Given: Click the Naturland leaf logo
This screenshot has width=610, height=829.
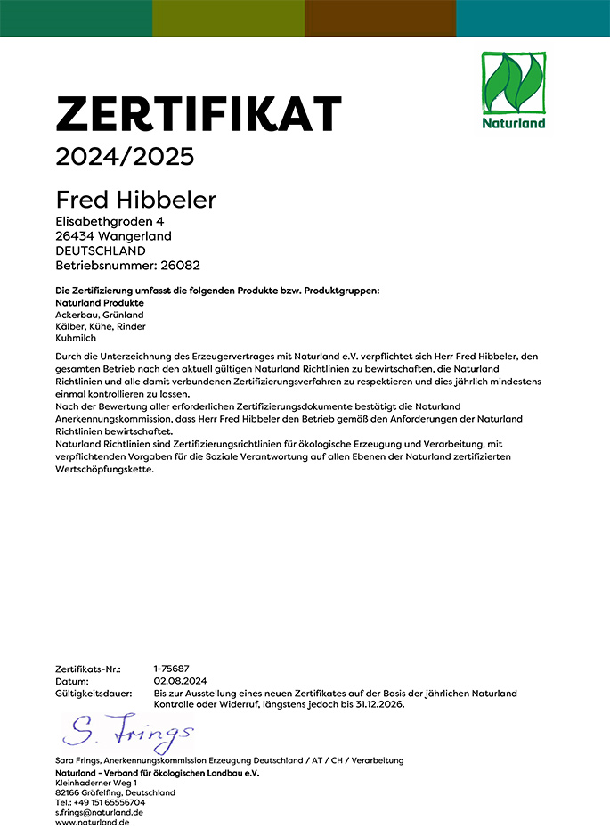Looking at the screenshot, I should (514, 90).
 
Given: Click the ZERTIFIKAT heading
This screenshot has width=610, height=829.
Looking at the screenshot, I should (199, 114).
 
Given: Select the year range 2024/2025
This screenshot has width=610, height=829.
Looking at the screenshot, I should (125, 157).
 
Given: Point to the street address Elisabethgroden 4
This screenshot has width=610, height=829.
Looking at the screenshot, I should (110, 221).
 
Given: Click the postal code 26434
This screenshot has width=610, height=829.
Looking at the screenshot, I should (75, 236).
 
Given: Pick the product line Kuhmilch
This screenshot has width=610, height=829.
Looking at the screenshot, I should (76, 338).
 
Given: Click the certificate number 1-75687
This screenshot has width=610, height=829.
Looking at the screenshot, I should (172, 668).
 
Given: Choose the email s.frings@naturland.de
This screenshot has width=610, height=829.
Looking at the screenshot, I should (100, 812).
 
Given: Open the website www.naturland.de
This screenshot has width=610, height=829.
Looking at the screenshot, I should (93, 823).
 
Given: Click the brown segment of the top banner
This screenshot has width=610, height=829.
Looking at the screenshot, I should (380, 18).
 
